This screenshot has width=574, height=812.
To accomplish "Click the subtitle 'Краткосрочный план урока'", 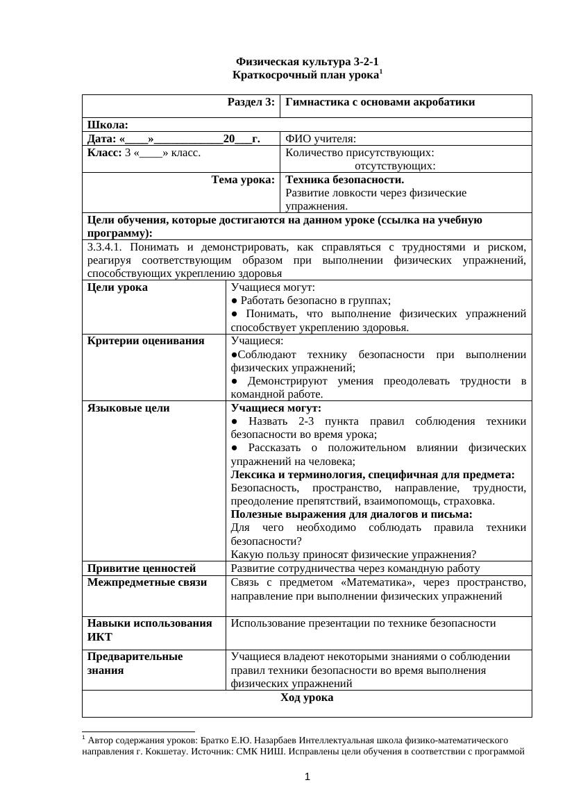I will [x=306, y=74].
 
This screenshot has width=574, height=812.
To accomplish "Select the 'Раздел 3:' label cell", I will [x=251, y=102].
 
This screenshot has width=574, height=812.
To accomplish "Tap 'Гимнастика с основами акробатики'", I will [x=380, y=102].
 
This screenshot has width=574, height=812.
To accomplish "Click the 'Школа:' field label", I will [x=108, y=125].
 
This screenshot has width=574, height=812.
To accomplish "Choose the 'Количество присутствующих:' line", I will [x=360, y=152].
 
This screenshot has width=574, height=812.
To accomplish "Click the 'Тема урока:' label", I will [x=243, y=180].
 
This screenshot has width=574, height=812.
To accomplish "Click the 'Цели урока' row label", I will [x=117, y=287].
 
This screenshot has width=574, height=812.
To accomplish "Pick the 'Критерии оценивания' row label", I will [x=146, y=341].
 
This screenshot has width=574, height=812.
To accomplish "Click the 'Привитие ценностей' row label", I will [x=142, y=568].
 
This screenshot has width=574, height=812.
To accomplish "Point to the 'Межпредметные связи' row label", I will [x=147, y=582].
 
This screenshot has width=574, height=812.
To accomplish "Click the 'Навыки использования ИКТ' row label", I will [x=149, y=630].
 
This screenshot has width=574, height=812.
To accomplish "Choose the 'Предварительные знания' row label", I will [x=135, y=663].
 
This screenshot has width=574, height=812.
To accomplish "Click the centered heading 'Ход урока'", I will [x=307, y=697].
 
